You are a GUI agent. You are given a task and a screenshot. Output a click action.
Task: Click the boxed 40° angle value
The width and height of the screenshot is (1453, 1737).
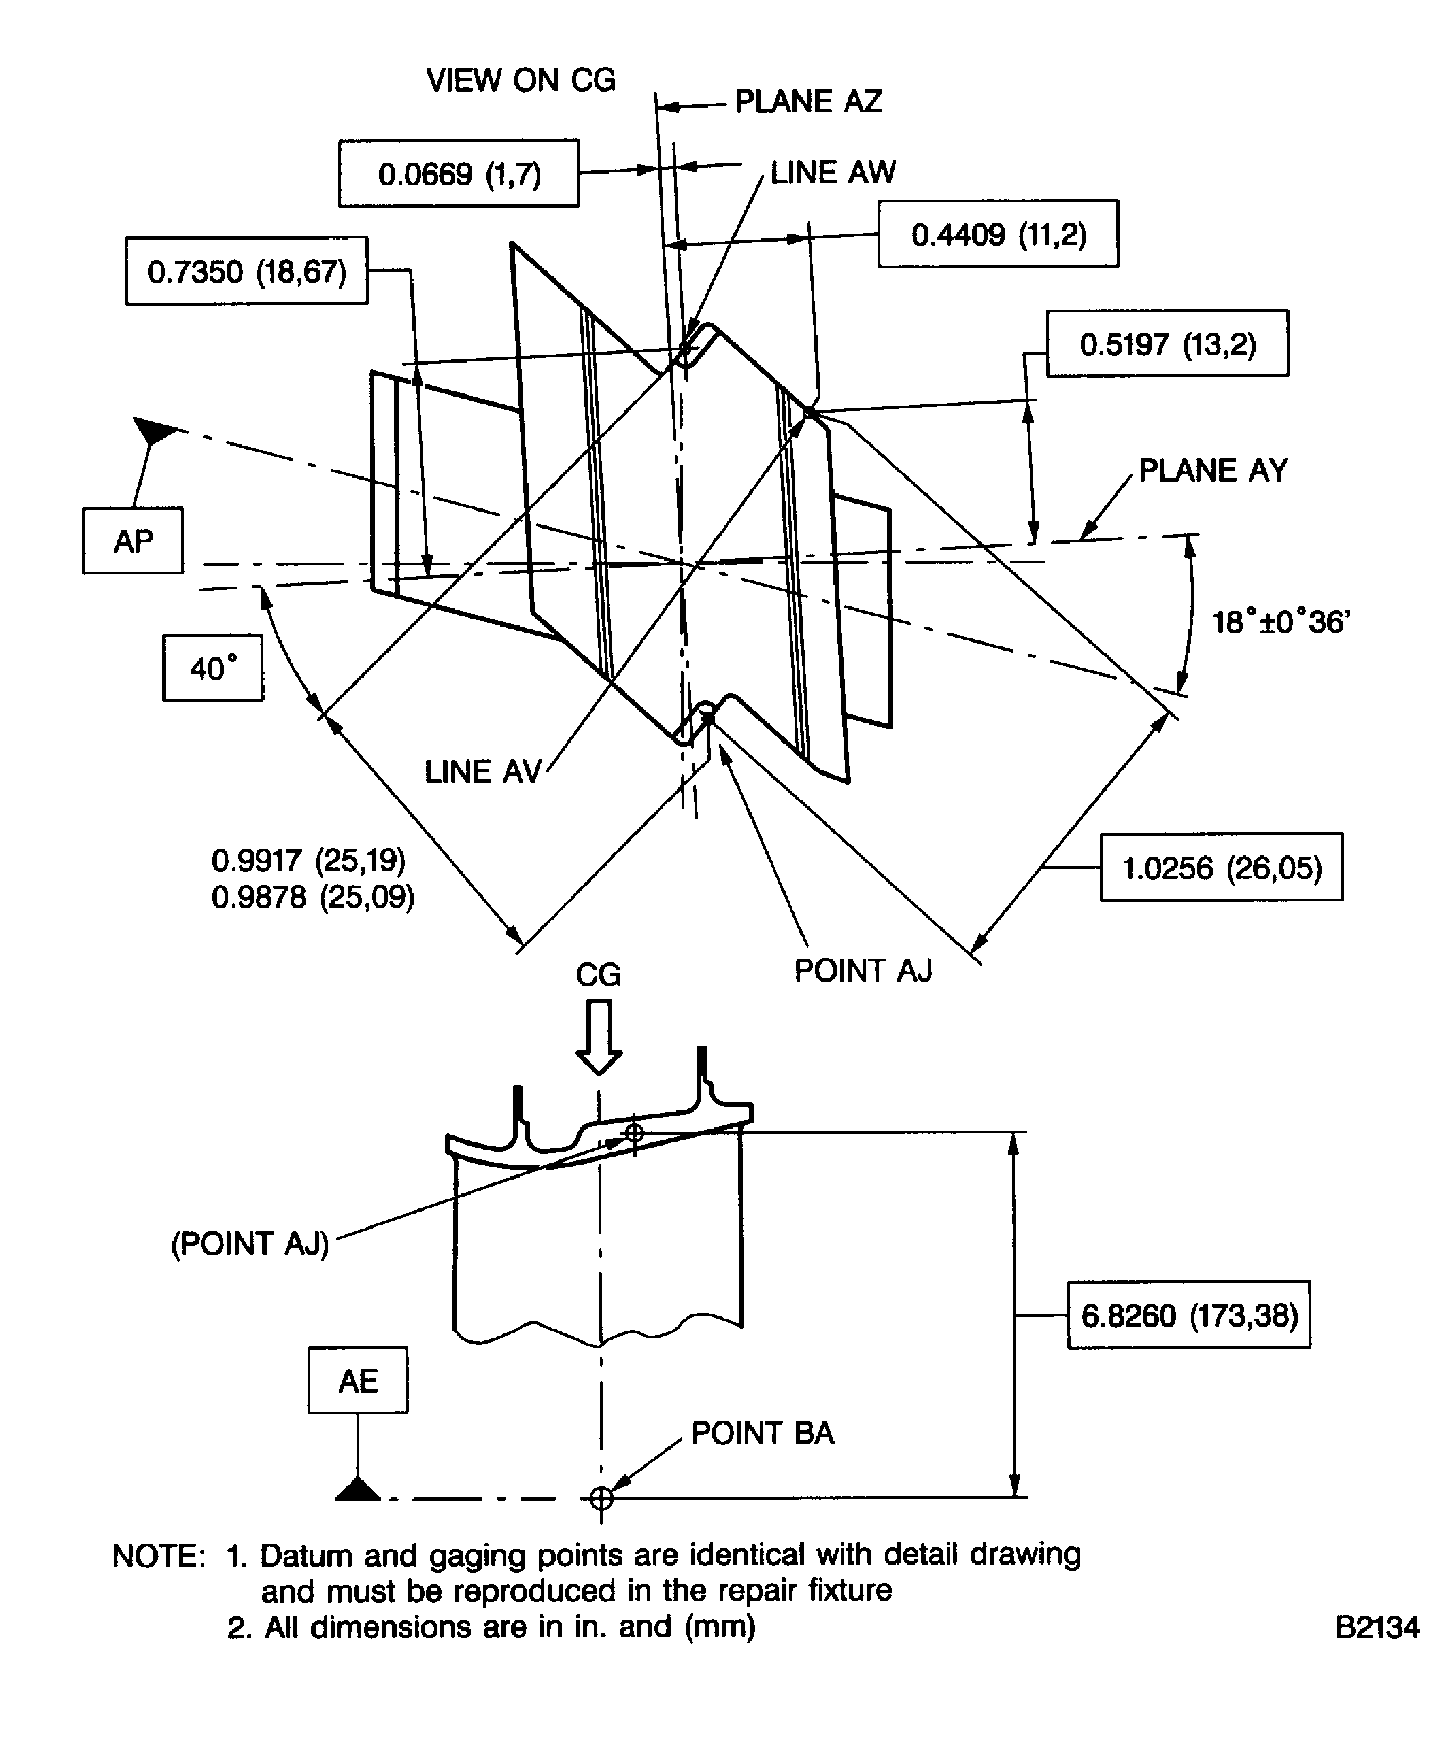point(212,668)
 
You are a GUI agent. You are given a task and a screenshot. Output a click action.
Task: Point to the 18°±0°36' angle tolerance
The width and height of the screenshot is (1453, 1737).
point(1280,622)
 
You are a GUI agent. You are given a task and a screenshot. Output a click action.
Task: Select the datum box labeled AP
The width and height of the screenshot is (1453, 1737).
point(133,541)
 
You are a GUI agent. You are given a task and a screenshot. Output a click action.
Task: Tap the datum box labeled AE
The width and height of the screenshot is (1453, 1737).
point(358,1380)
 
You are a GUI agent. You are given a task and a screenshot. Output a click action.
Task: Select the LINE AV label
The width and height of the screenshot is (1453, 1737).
point(483,772)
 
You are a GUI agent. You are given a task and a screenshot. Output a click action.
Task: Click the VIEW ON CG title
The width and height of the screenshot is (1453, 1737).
point(521,80)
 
